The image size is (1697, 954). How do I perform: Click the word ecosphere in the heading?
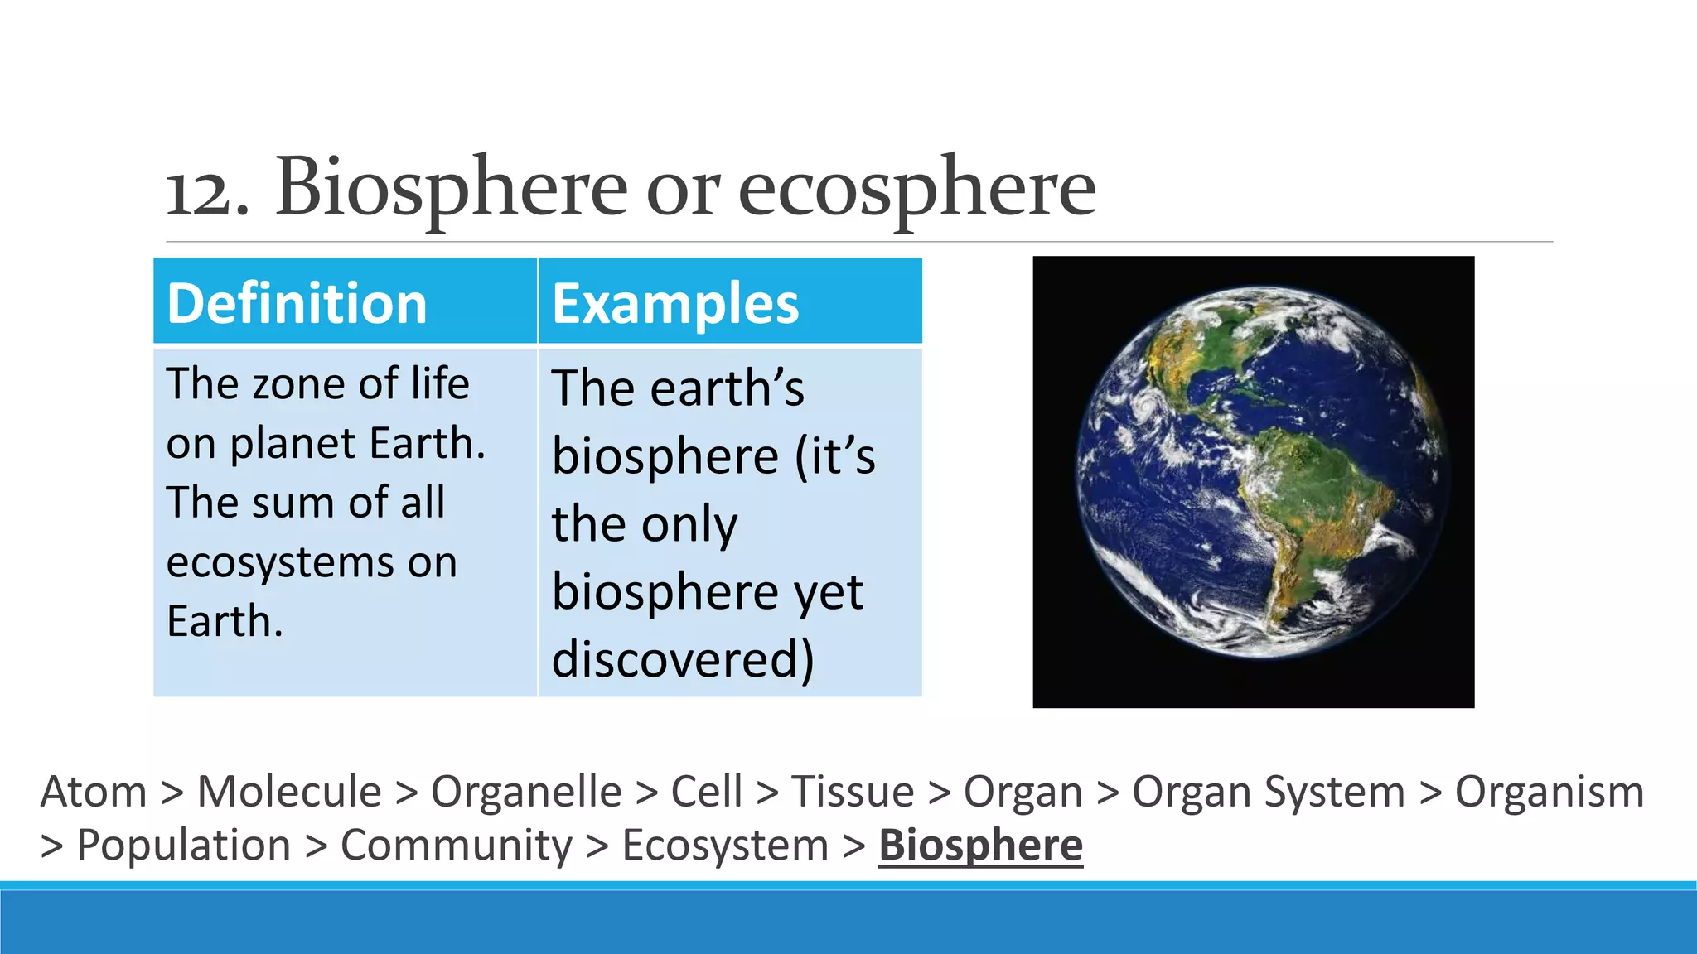click(916, 189)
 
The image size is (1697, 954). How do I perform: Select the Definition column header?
click(297, 303)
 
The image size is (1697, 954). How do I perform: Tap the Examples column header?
click(675, 303)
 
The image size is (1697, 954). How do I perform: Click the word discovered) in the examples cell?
click(683, 659)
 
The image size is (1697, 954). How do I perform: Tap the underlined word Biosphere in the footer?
click(980, 846)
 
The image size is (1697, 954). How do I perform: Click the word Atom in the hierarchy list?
click(93, 792)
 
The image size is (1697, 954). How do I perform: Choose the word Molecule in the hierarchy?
click(289, 792)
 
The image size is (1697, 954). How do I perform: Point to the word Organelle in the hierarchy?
click(526, 792)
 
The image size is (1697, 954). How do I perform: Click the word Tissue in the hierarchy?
click(853, 792)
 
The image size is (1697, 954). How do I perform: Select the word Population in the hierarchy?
click(183, 846)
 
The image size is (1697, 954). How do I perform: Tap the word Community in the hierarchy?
click(457, 846)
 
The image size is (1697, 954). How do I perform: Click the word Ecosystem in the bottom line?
click(725, 846)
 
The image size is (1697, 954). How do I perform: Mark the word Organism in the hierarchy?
click(1549, 792)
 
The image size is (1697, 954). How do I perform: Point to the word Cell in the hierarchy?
click(706, 792)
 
